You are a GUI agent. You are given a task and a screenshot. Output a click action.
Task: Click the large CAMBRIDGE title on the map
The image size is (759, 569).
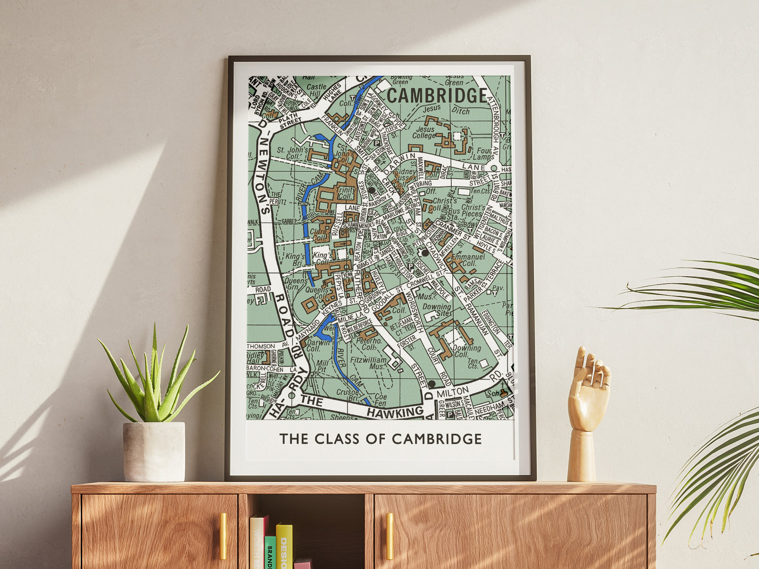pyautogui.click(x=437, y=96)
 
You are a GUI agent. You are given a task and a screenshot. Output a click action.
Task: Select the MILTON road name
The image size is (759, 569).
pyautogui.click(x=452, y=393)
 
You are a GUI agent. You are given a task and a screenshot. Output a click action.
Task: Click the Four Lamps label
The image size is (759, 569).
pyautogui.click(x=482, y=153)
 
